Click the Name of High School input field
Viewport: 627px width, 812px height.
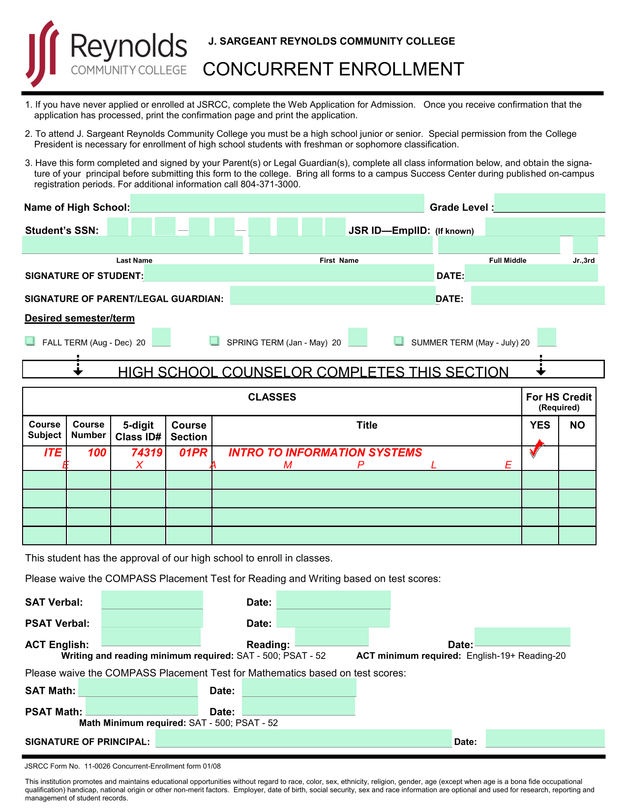(x=277, y=203)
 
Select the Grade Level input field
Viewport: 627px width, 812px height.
(x=549, y=203)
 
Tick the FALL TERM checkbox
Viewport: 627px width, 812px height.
(x=30, y=341)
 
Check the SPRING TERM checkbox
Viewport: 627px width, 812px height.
(x=214, y=341)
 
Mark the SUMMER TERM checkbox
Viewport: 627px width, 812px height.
(x=399, y=341)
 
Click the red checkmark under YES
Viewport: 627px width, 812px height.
(x=537, y=450)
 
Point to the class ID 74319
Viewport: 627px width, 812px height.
(x=147, y=453)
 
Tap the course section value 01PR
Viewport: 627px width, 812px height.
(x=193, y=453)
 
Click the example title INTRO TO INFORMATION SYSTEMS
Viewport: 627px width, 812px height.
(x=325, y=453)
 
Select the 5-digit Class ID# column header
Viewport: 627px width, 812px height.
(x=138, y=431)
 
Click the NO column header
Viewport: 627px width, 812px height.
(x=577, y=425)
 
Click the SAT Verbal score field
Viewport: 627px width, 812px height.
(x=152, y=600)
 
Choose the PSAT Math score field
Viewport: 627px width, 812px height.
(x=142, y=706)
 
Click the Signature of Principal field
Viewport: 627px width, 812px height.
(x=303, y=738)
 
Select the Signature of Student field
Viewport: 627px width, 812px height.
(x=289, y=273)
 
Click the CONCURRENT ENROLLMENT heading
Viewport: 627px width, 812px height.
(x=333, y=69)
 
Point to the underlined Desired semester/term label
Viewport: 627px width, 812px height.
(x=80, y=318)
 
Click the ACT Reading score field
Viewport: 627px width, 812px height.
(x=331, y=636)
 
